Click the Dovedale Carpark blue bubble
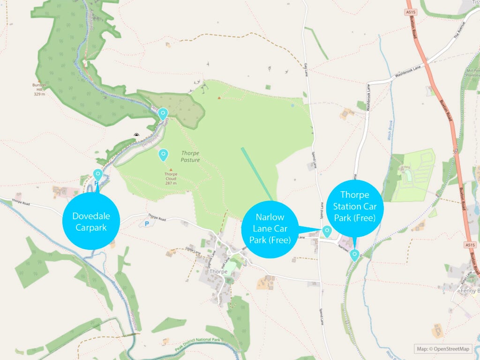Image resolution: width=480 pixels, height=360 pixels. [91, 221]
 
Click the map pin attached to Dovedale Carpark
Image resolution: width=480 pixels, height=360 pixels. [98, 175]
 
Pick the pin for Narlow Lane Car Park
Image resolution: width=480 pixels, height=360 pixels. [327, 231]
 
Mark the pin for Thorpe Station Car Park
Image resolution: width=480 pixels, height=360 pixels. [355, 255]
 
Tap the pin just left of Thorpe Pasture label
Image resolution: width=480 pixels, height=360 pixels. [163, 154]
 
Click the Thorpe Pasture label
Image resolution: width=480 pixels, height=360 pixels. [190, 157]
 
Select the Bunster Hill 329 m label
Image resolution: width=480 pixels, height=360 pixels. [39, 89]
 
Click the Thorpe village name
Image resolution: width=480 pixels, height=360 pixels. [218, 272]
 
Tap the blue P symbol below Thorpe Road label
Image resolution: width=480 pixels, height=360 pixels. [147, 224]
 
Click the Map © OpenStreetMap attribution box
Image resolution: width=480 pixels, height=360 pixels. [443, 348]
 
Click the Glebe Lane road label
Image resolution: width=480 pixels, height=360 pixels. [193, 251]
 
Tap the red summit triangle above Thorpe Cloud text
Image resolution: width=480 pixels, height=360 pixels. [171, 170]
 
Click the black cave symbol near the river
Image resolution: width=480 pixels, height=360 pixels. [136, 135]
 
